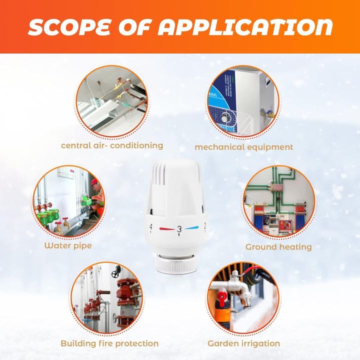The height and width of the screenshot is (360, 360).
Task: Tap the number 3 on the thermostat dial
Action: (x=179, y=229)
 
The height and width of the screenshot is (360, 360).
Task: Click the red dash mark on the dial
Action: (x=165, y=229)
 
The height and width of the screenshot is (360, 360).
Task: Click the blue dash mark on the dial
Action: (x=192, y=228)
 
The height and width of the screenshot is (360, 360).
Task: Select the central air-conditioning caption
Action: (x=112, y=145)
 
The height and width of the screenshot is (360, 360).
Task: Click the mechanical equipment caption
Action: (x=244, y=147)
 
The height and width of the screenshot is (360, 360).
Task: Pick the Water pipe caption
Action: (x=68, y=245)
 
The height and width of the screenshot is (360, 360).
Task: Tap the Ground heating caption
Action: (x=278, y=247)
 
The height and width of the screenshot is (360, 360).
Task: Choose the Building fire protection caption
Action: (x=109, y=343)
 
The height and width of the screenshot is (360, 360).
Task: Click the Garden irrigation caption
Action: (x=244, y=343)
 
